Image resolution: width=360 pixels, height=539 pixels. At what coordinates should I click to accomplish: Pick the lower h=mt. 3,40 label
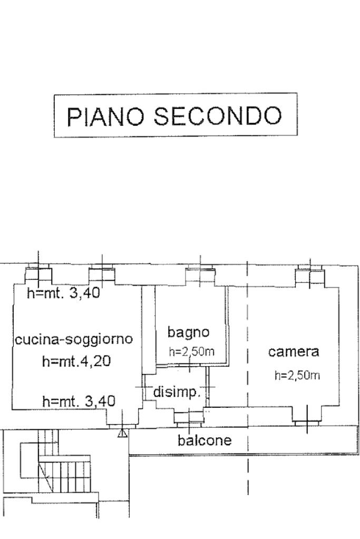[79, 402]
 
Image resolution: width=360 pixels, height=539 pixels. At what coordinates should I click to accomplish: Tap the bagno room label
[189, 332]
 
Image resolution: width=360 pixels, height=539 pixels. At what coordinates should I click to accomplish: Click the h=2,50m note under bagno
[191, 352]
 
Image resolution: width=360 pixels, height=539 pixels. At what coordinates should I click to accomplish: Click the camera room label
[294, 351]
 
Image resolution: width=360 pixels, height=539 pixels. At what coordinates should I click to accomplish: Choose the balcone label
[205, 440]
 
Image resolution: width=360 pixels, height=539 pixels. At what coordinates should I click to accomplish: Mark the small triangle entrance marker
[122, 433]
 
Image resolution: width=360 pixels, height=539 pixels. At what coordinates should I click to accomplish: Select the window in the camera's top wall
[310, 276]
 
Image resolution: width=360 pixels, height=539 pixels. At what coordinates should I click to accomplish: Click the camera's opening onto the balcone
[306, 421]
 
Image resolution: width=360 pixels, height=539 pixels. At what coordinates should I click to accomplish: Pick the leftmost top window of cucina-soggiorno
[38, 273]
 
